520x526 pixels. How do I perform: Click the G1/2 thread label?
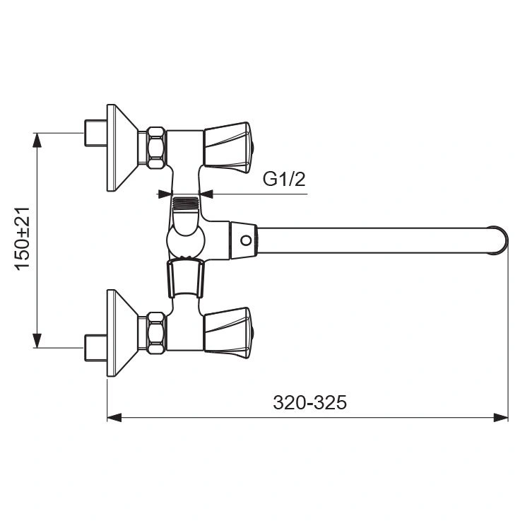point(284,179)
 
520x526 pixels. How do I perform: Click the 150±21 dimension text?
point(23,238)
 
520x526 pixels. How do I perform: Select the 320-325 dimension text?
point(309,402)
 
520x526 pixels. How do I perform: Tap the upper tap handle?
point(228,148)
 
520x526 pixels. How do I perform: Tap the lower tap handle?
point(228,333)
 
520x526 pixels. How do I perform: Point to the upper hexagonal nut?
point(156,148)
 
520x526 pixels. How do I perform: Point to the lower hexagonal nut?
point(156,333)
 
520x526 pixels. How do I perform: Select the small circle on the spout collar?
point(246,240)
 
